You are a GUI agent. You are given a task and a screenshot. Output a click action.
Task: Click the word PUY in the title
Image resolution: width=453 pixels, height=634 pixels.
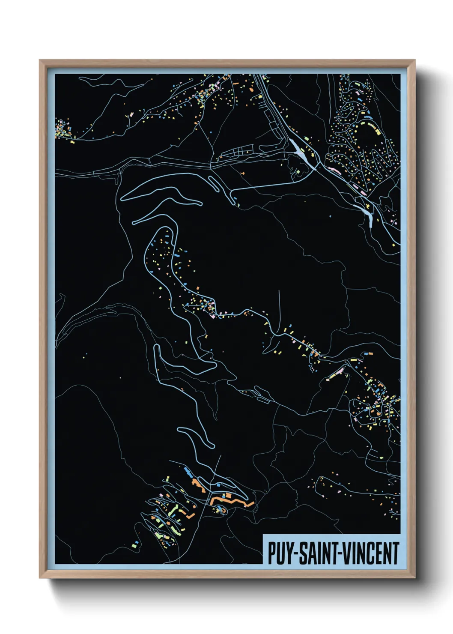tap(280, 553)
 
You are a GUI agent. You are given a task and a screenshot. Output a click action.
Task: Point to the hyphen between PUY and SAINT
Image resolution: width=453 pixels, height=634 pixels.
tap(296, 554)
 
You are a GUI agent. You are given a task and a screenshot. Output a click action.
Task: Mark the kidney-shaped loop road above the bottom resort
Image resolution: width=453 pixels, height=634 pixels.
tap(195, 437)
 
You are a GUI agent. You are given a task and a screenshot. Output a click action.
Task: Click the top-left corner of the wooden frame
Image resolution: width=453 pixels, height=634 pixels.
tap(40, 61)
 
